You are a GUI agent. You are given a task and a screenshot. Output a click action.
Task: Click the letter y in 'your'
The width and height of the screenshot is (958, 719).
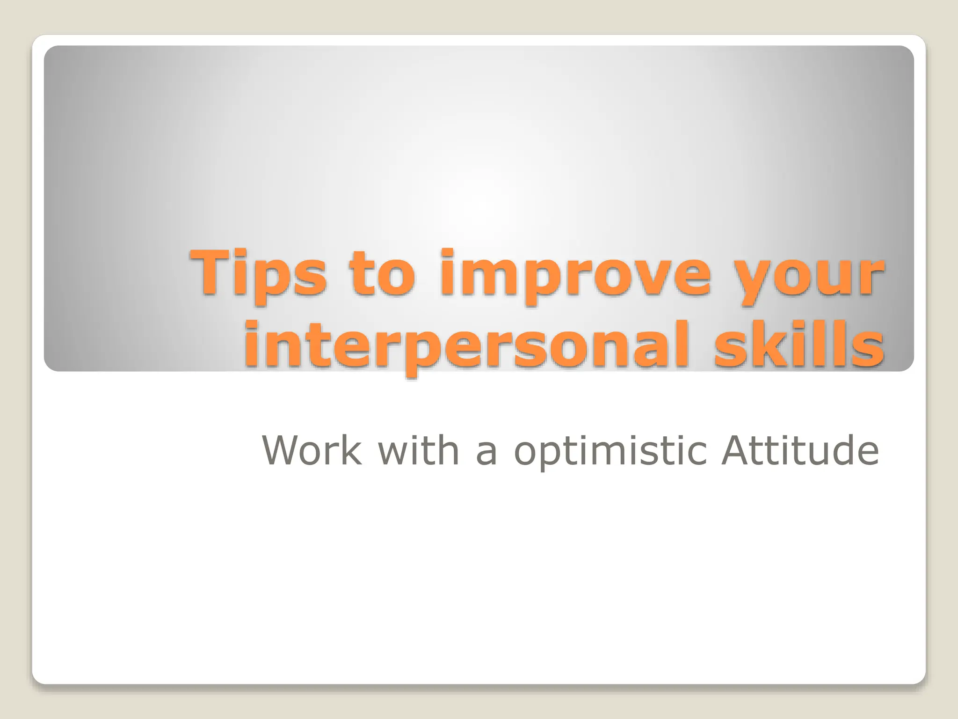point(760,281)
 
